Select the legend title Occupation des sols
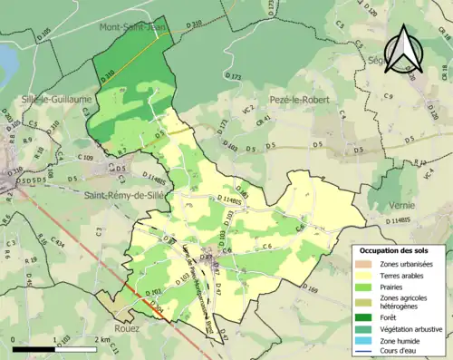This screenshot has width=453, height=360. click(x=394, y=249)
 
